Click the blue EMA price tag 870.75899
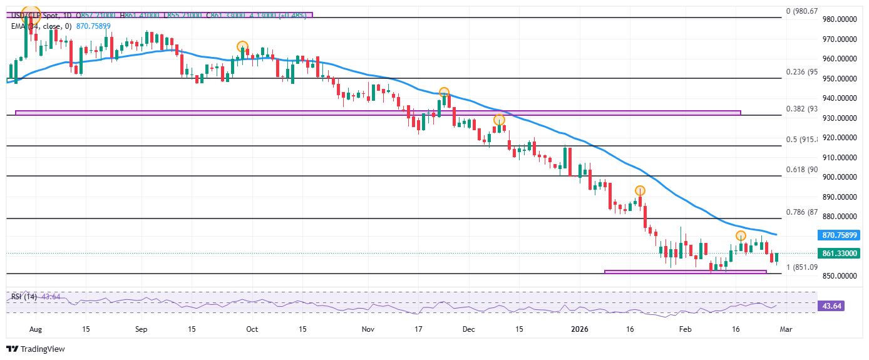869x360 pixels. tap(839, 235)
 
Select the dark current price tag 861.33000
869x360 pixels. tap(839, 254)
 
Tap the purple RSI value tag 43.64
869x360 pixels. tap(839, 306)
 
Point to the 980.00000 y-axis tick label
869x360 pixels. tap(839, 19)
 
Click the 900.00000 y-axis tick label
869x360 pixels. tap(839, 177)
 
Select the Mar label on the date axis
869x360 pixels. tap(786, 329)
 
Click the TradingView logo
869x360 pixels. tap(36, 349)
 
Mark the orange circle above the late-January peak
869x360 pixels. tap(640, 190)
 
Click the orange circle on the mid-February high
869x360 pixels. tap(741, 236)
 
